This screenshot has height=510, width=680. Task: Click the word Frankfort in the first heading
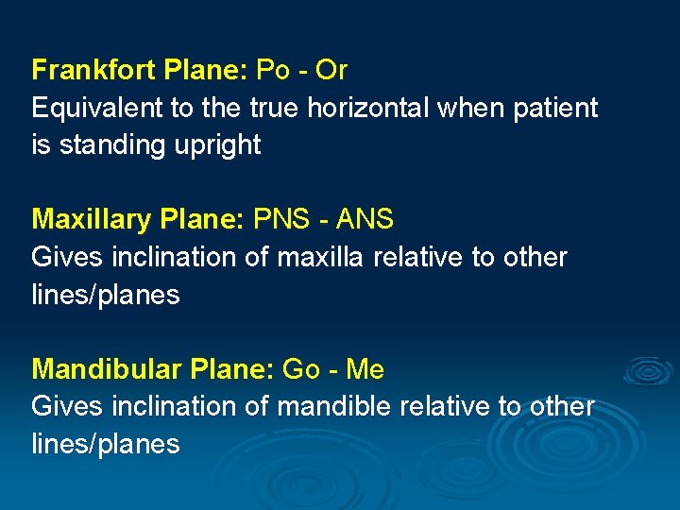point(93,71)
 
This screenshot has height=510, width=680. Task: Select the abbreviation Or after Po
point(331,71)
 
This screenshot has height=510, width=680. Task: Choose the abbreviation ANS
point(363,220)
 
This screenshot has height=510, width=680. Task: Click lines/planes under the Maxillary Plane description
point(105,295)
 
